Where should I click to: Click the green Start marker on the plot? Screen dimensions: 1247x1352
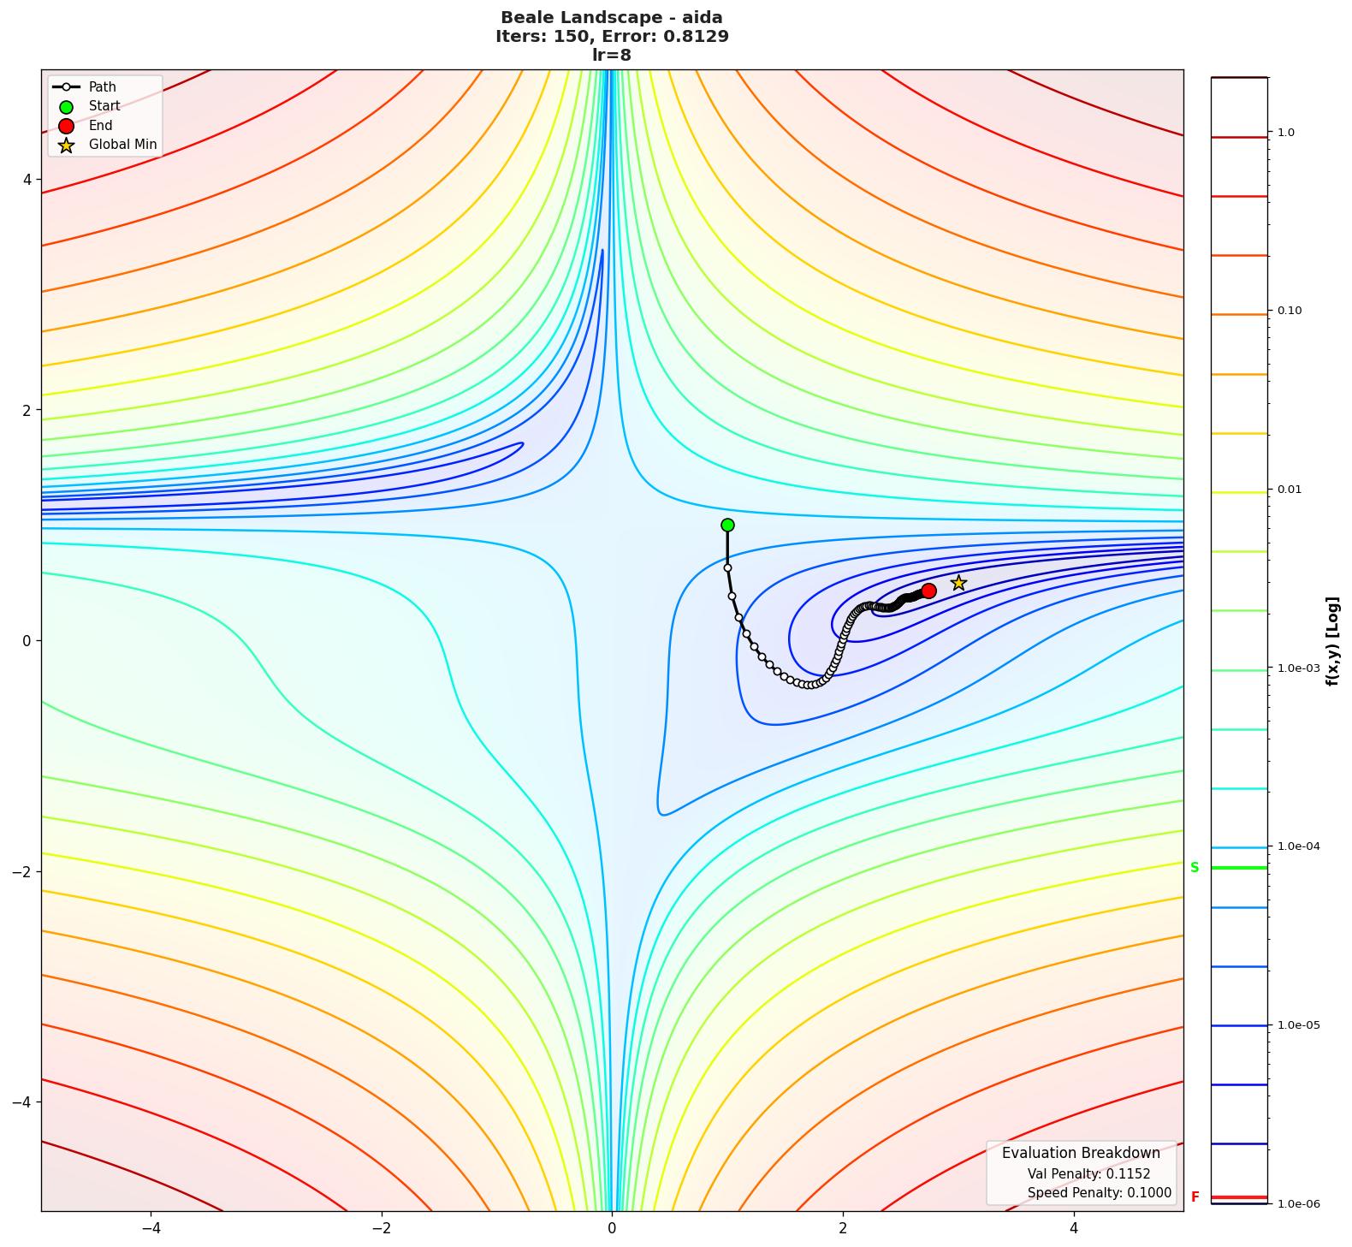tap(727, 525)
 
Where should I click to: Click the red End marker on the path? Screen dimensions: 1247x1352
tap(928, 591)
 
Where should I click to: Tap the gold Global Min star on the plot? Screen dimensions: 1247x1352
tap(958, 583)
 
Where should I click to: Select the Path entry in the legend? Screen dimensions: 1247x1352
tap(102, 87)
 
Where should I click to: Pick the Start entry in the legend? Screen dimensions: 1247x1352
tap(104, 106)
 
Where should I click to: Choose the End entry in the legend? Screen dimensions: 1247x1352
tap(100, 126)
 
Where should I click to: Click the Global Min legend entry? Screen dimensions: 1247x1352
tap(122, 145)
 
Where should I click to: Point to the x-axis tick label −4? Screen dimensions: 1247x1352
tap(151, 1228)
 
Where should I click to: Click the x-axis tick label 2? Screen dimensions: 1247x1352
tap(843, 1228)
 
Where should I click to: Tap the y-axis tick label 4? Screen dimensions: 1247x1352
tap(27, 180)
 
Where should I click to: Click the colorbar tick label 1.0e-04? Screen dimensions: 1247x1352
tap(1298, 846)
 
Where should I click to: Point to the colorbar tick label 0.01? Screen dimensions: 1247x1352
tap(1289, 490)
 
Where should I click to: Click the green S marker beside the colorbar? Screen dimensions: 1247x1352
tap(1195, 868)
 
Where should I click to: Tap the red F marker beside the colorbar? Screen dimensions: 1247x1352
tap(1195, 1197)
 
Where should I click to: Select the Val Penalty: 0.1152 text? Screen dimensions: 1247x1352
tap(1088, 1174)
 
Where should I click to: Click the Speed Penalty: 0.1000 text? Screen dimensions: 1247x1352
tap(1099, 1193)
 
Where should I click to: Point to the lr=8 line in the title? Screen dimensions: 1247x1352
tap(612, 55)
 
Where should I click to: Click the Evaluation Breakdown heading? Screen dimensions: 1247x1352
tap(1081, 1153)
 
